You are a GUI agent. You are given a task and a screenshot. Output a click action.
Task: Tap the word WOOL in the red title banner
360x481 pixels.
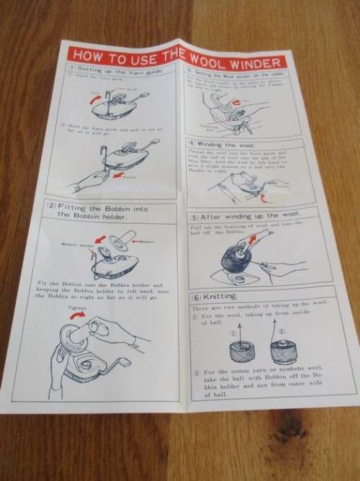coord(209,57)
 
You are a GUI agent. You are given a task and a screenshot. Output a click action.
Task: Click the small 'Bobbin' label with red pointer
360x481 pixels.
coord(147,241)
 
